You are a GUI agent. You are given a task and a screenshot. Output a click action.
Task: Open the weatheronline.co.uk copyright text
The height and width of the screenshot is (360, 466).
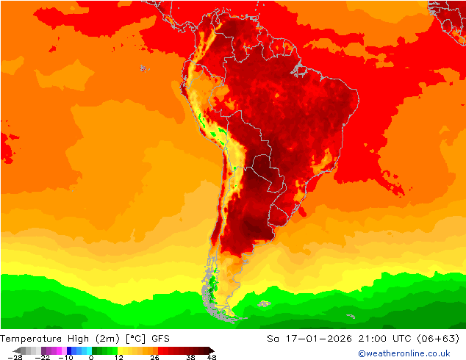click(404, 353)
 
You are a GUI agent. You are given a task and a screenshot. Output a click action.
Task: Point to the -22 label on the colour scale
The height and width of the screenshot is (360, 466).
click(42, 357)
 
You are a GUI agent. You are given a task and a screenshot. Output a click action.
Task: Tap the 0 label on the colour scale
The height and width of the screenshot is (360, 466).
click(90, 357)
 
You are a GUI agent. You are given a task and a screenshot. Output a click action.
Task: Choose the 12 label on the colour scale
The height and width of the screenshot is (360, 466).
click(118, 357)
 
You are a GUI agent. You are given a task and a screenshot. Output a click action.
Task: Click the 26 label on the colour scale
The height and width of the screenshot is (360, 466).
click(155, 357)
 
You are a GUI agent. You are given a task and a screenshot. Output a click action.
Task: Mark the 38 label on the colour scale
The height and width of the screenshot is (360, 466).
click(190, 357)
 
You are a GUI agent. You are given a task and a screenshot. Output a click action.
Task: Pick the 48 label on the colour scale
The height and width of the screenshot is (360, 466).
click(212, 357)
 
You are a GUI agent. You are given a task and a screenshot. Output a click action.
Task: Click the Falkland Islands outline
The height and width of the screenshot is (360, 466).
click(264, 303)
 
